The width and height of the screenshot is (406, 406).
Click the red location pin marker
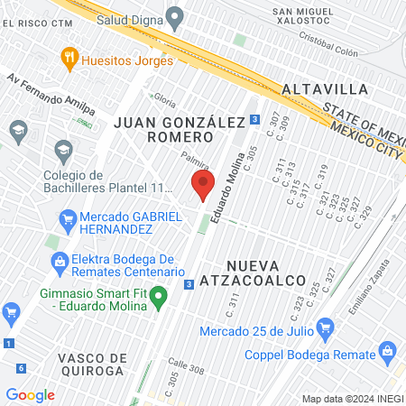[202, 187]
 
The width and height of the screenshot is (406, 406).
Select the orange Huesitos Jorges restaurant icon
[69, 60]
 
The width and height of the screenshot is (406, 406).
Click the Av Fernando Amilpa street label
[51, 93]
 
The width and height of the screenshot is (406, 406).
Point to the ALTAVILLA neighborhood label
[325, 89]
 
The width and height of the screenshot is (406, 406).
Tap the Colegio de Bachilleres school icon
[63, 149]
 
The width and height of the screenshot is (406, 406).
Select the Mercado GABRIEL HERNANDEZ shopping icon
[66, 217]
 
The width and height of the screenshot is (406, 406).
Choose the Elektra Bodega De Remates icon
[60, 263]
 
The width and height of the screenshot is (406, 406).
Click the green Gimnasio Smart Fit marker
[160, 295]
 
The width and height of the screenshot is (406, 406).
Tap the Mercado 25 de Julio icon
[327, 326]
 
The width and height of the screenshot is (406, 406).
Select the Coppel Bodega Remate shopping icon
[388, 349]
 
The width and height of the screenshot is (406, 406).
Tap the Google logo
[30, 394]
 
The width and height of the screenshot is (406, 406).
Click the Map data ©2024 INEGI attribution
[351, 398]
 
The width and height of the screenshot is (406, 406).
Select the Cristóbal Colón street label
[335, 45]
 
